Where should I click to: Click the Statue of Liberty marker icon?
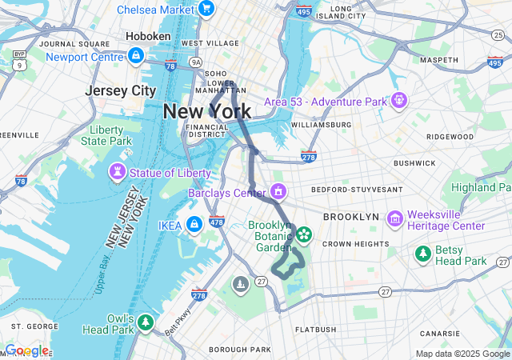[x=117, y=173]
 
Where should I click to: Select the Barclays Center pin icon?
[x=278, y=192]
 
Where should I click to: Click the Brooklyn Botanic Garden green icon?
[x=304, y=236]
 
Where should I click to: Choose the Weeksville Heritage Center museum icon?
[x=394, y=219]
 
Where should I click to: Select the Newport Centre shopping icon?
[x=136, y=56]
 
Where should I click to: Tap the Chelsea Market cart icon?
[x=206, y=9]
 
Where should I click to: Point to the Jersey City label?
[x=121, y=90]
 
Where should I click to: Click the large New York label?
[x=206, y=111]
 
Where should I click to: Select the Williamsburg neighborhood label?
[x=321, y=125]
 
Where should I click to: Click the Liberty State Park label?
[x=106, y=135]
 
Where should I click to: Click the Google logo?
[x=26, y=351]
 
